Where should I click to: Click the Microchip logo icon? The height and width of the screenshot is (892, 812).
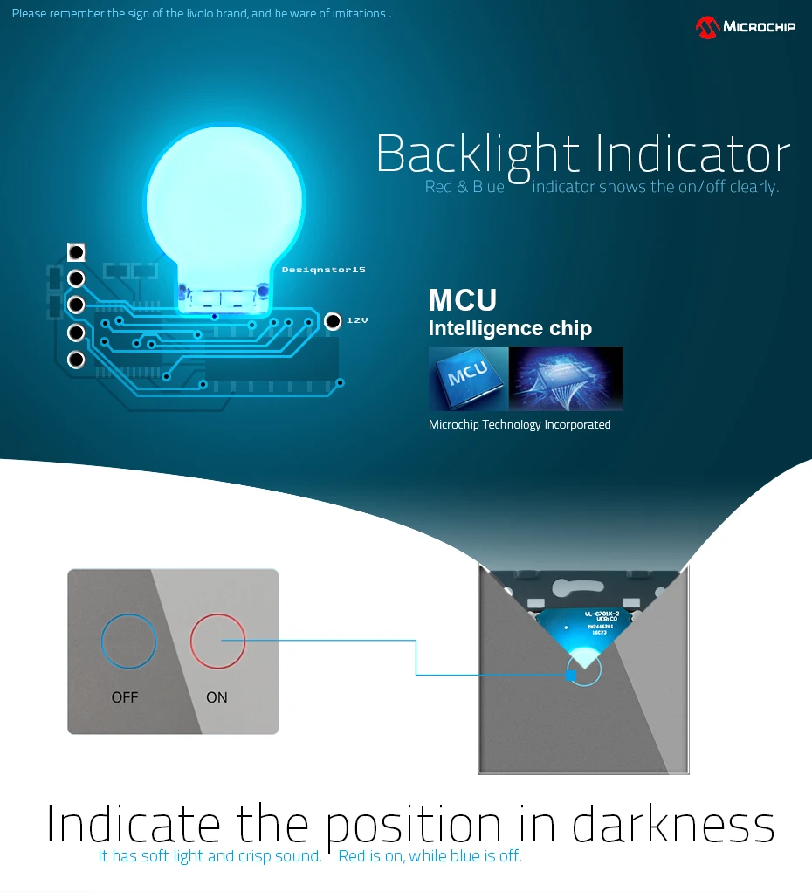tap(706, 27)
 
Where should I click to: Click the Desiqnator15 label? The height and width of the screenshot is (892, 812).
tap(323, 270)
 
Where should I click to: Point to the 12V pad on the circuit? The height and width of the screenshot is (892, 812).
tap(332, 321)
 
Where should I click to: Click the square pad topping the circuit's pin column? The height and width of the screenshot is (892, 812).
tap(76, 252)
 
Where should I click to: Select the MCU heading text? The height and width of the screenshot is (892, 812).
tap(462, 300)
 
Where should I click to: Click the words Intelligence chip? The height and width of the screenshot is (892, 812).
tap(510, 329)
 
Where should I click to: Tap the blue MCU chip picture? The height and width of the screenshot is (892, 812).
tap(468, 378)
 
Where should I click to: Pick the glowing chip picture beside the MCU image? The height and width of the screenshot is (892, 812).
tap(566, 378)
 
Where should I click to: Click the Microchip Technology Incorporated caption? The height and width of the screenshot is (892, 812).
tap(520, 425)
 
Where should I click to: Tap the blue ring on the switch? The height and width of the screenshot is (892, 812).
tap(129, 641)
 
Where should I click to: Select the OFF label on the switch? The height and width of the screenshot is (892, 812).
tap(125, 697)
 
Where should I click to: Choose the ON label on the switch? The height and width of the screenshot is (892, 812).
tap(217, 697)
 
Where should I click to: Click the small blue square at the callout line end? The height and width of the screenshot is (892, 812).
tap(571, 675)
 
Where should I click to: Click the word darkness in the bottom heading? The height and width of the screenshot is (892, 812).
tap(673, 825)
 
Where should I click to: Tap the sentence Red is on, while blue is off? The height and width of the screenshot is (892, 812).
tap(430, 856)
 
